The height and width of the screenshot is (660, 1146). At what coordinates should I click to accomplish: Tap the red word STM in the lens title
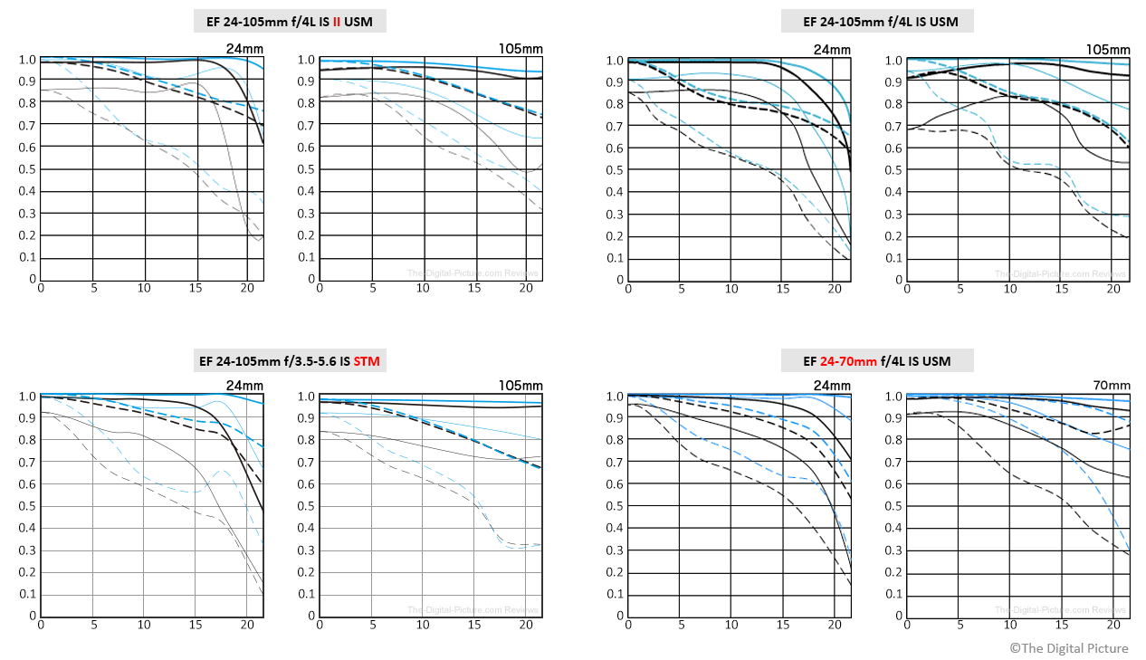[x=367, y=361]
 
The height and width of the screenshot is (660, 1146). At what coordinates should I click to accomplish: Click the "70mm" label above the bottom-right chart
[x=1112, y=385]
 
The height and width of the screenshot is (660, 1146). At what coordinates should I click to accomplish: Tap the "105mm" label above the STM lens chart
[x=520, y=385]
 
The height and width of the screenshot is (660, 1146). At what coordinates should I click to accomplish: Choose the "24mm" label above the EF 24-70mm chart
[x=832, y=385]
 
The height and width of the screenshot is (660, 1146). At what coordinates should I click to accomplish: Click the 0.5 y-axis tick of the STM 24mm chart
[x=26, y=506]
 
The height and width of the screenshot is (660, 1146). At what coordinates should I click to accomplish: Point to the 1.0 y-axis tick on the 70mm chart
[x=893, y=397]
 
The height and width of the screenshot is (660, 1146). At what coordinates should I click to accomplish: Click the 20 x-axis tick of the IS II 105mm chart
[x=526, y=288]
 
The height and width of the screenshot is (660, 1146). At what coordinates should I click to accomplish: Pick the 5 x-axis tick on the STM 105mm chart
[x=372, y=625]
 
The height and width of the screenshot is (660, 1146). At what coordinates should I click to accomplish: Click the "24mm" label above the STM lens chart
[x=244, y=385]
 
